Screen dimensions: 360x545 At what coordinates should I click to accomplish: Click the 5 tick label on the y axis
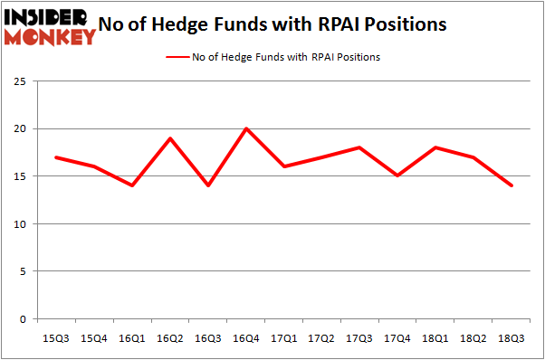(27, 271)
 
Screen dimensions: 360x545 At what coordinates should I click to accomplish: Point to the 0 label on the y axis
(27, 319)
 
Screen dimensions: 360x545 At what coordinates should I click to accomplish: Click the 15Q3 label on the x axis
(56, 337)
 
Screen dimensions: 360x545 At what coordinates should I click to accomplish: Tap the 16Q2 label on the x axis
(170, 337)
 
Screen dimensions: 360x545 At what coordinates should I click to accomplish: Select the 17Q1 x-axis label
(284, 337)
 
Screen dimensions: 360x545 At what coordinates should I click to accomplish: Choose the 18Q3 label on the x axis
(512, 337)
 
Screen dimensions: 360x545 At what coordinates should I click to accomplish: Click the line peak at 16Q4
(246, 128)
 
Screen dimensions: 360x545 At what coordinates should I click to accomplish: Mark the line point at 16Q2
(170, 138)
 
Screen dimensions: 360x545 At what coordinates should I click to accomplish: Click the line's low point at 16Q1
(132, 185)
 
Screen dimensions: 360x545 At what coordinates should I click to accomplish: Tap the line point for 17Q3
(360, 147)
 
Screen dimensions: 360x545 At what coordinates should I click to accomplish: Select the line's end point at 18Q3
(512, 185)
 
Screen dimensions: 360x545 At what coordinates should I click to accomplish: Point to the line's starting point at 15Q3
(56, 157)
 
